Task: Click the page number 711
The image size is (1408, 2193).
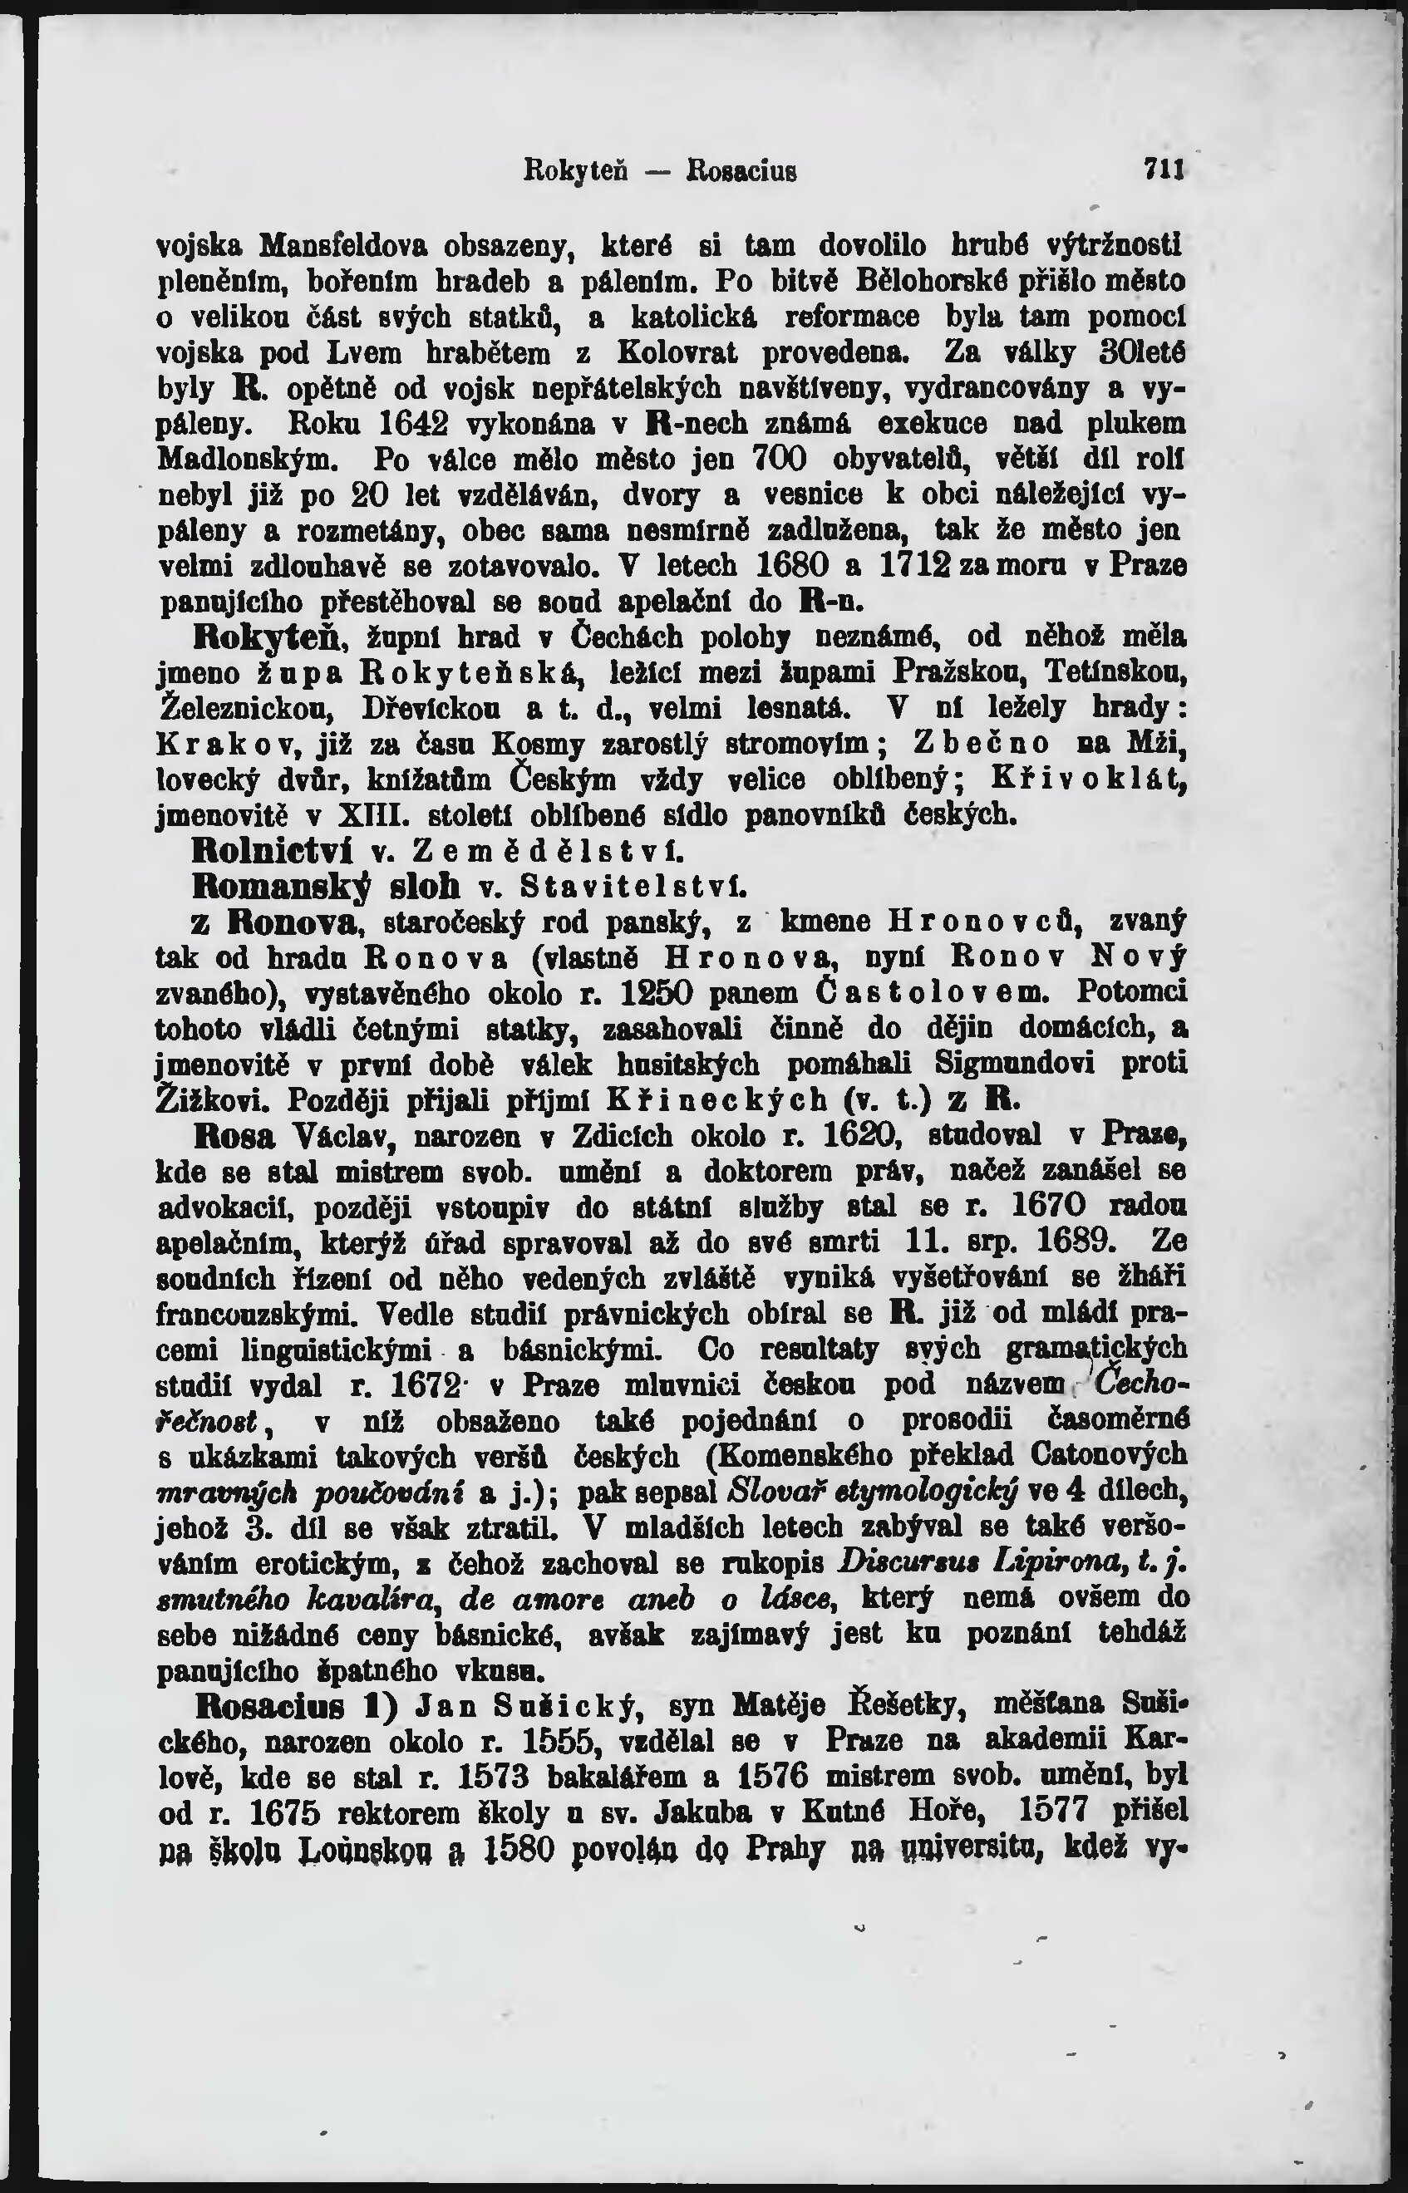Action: (x=1163, y=170)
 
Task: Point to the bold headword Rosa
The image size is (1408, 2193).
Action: (x=234, y=1136)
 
